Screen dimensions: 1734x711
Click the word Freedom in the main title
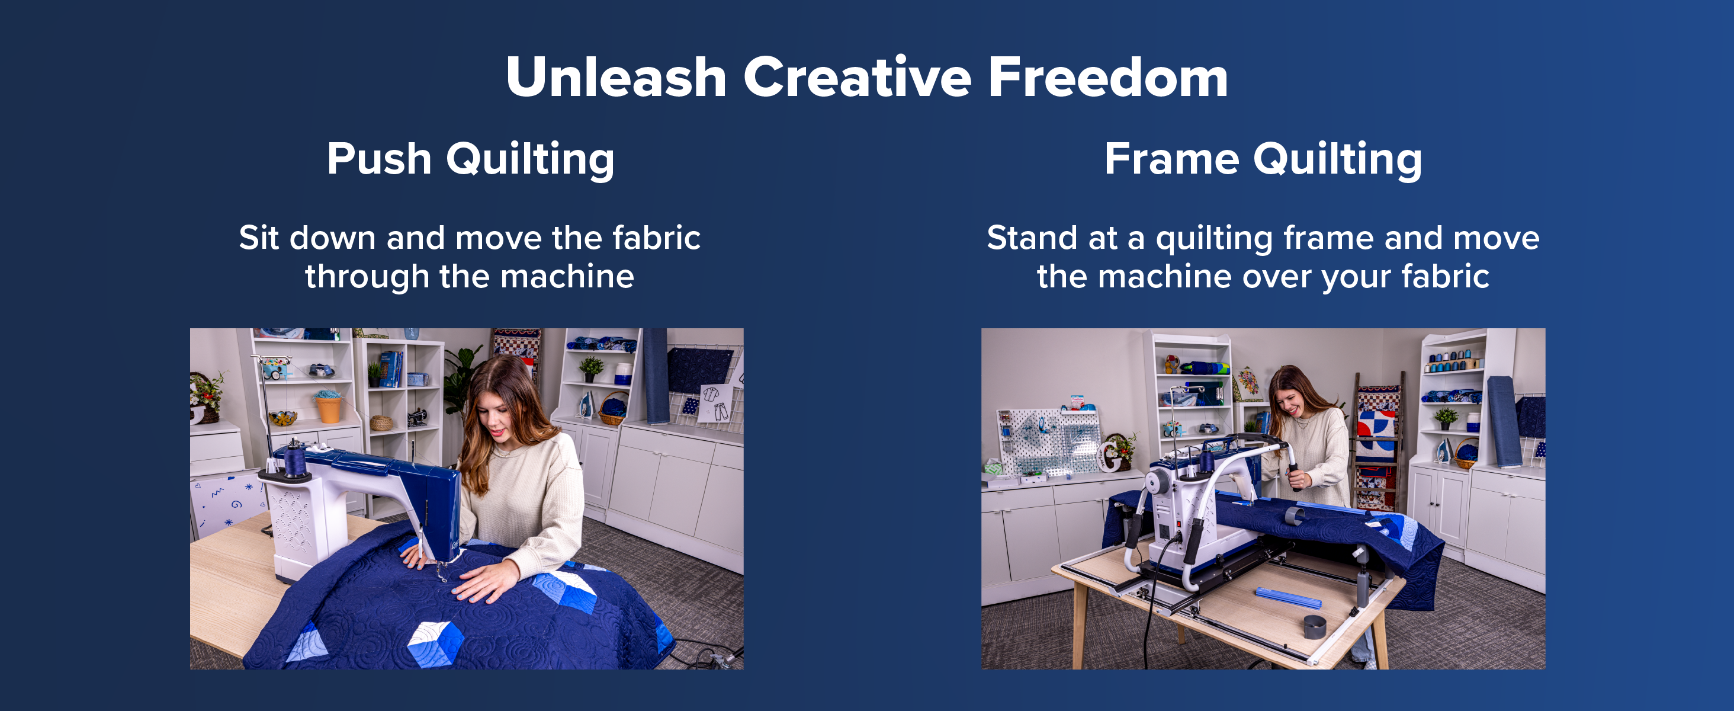point(1108,78)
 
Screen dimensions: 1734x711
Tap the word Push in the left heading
point(379,159)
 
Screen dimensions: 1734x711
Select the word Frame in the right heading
point(1171,159)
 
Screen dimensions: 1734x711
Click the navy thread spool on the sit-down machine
point(295,459)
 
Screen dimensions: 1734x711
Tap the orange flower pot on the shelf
point(329,409)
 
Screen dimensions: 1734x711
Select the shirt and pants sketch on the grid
point(715,402)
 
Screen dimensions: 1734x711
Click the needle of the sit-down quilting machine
point(442,572)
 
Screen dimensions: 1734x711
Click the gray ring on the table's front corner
point(1315,627)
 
